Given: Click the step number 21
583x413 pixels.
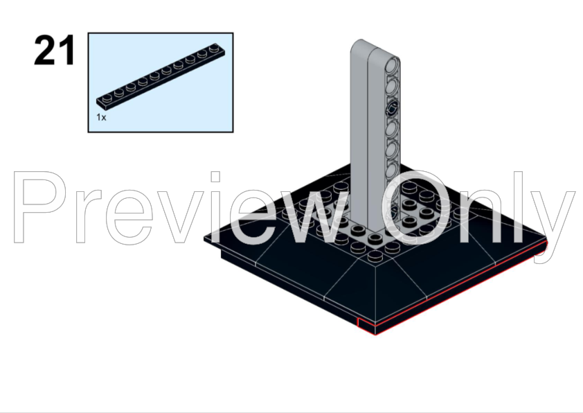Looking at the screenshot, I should point(54,51).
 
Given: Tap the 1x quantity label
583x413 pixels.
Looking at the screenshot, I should point(101,117).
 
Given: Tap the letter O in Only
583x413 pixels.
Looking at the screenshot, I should point(416,208).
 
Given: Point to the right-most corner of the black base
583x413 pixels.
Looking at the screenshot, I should point(546,242).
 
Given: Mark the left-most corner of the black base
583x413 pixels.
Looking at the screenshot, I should point(206,240).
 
